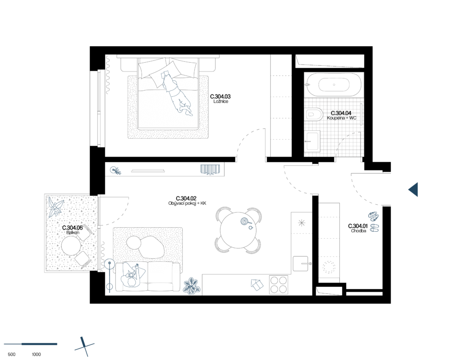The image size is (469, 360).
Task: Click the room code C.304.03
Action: [x=220, y=97]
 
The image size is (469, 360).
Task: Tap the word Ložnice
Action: [x=221, y=102]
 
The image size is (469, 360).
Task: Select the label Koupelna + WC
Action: [x=342, y=118]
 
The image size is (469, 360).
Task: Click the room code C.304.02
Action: [x=186, y=198]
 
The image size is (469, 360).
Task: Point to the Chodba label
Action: [x=358, y=231]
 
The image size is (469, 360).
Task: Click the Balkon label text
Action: [x=73, y=232]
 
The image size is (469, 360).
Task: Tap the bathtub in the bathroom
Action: [x=333, y=84]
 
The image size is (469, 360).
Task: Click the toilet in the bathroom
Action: [x=314, y=114]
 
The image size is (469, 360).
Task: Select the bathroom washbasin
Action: [x=312, y=141]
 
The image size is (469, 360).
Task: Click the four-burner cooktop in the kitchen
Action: [x=278, y=284]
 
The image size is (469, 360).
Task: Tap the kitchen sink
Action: [x=300, y=264]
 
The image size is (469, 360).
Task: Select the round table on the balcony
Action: [x=71, y=245]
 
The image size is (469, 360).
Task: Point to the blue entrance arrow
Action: [x=413, y=190]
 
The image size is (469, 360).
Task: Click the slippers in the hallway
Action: [x=374, y=222]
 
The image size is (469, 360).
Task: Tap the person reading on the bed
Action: [x=176, y=93]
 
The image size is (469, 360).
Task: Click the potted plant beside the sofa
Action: [x=191, y=286]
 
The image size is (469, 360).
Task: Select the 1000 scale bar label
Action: [x=36, y=355]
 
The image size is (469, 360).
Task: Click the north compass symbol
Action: [x=84, y=347]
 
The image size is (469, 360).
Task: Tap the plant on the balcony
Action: [x=55, y=207]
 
